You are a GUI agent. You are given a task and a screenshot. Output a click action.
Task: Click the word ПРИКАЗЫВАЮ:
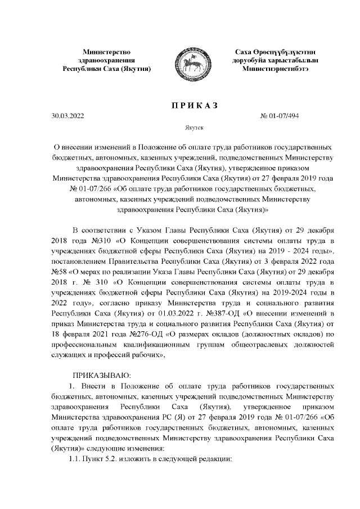point(101,375)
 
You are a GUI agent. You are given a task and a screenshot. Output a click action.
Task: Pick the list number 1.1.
point(75,460)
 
